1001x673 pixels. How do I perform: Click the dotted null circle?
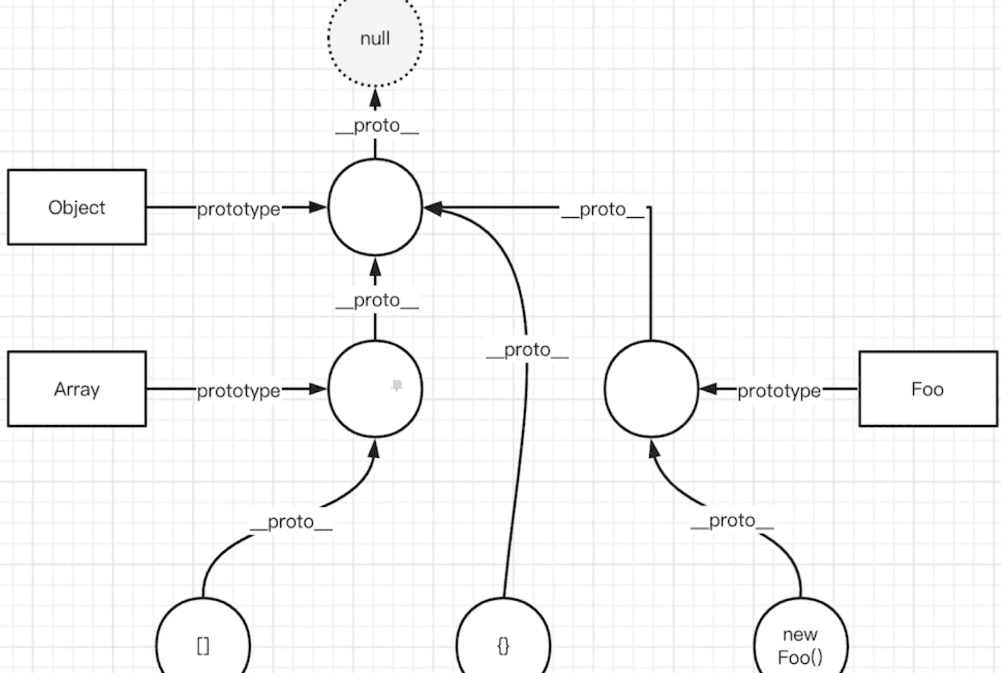(375, 38)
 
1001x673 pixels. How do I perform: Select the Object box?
(77, 207)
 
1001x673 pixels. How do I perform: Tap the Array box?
(77, 389)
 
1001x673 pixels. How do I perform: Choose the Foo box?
(928, 389)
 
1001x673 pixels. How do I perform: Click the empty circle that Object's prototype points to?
(375, 207)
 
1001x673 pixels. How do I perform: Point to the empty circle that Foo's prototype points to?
(651, 389)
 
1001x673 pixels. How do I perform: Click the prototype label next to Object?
(238, 209)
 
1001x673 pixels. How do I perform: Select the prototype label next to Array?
(238, 391)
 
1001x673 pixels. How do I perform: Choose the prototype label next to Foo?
(779, 391)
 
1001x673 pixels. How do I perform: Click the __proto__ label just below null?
(377, 126)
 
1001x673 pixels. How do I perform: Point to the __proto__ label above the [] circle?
(291, 522)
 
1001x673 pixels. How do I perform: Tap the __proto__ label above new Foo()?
(732, 521)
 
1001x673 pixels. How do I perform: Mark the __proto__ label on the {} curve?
(527, 350)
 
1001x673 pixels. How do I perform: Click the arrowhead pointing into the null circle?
(375, 98)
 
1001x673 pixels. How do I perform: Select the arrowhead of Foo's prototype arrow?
(709, 389)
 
